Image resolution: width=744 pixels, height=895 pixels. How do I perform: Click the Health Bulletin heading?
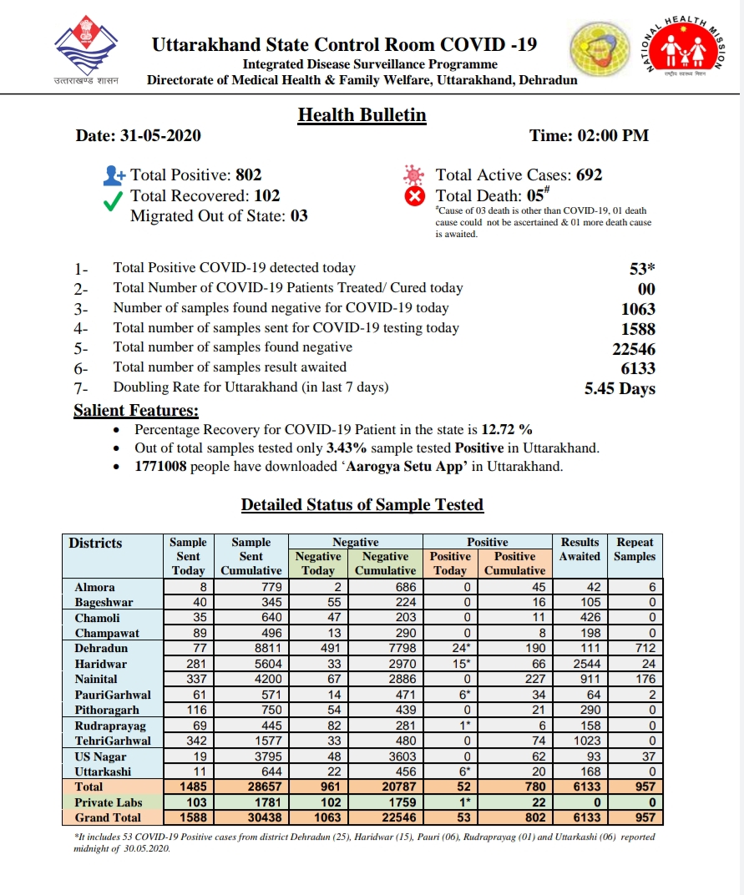pyautogui.click(x=362, y=115)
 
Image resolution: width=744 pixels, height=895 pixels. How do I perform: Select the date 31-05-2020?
pyautogui.click(x=160, y=135)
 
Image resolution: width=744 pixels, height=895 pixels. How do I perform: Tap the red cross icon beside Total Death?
pyautogui.click(x=414, y=197)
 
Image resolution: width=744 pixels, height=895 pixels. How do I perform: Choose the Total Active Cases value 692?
pyautogui.click(x=589, y=175)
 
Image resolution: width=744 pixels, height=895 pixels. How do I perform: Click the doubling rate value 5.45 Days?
pyautogui.click(x=620, y=388)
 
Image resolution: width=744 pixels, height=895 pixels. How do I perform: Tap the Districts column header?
pyautogui.click(x=95, y=544)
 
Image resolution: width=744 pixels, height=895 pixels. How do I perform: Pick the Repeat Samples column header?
pyautogui.click(x=635, y=549)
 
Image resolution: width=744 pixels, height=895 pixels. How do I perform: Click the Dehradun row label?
pyautogui.click(x=101, y=648)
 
